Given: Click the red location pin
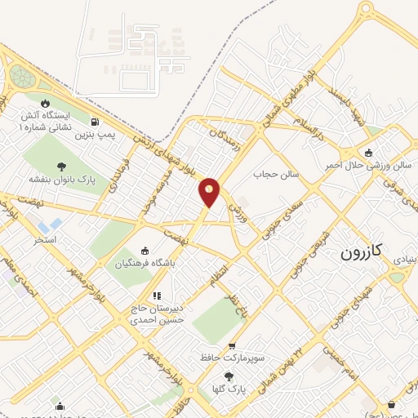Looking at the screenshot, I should click(210, 191).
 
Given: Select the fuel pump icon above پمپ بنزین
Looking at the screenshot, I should click(96, 122).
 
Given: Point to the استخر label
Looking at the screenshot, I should click(43, 239).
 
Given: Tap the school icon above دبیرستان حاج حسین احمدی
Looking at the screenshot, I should click(156, 296).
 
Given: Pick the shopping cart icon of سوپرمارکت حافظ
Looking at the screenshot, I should click(232, 346).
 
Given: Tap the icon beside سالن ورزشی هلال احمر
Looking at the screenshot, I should click(368, 153).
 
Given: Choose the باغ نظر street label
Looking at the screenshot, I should click(235, 306).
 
